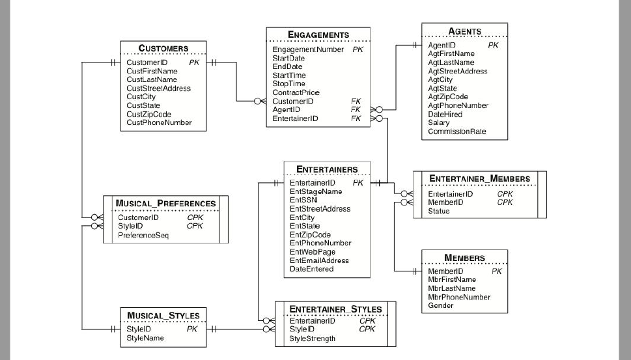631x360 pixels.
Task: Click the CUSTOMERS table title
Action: [163, 48]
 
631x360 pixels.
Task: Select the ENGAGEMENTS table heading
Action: [318, 35]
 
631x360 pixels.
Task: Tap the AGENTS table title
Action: [465, 31]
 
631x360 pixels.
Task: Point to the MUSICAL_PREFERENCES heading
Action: [165, 203]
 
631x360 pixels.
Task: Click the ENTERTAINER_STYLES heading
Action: [335, 309]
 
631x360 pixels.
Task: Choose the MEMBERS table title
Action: [464, 258]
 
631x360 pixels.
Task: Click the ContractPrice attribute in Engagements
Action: [296, 92]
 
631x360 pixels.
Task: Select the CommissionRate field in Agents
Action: [456, 132]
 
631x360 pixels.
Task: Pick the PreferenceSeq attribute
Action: [143, 235]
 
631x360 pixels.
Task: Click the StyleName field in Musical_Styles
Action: [145, 338]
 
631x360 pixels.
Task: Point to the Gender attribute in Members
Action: [441, 305]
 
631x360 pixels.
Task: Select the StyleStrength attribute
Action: [312, 339]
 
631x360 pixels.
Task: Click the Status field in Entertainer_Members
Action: [438, 211]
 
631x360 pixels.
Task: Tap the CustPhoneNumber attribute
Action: [159, 122]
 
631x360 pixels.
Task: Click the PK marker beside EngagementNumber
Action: [358, 49]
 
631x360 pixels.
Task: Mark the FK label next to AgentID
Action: [356, 110]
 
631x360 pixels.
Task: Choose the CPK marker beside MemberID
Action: [505, 202]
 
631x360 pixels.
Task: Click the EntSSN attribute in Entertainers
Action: [303, 201]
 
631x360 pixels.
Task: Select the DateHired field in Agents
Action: [445, 114]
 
